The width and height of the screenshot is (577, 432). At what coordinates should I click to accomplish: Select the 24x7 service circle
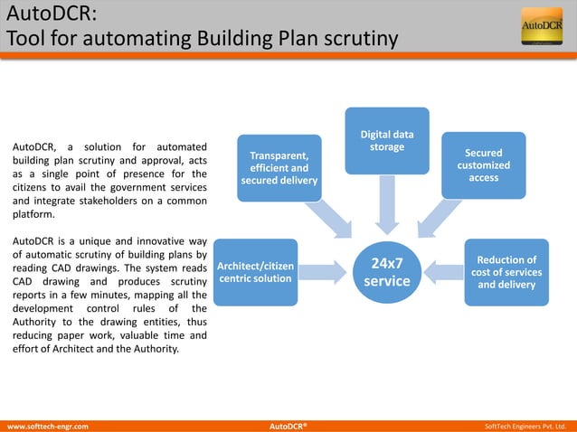[387, 272]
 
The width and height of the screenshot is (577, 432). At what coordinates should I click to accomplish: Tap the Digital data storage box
[387, 140]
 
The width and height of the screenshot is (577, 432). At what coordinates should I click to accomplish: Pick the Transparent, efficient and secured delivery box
[279, 167]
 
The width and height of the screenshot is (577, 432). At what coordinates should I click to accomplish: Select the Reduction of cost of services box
[506, 272]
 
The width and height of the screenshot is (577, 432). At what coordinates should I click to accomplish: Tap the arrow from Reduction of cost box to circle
[447, 268]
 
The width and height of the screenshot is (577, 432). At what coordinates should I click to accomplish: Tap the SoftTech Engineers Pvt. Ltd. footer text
[525, 425]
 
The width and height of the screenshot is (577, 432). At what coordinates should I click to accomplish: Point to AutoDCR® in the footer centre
[288, 425]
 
